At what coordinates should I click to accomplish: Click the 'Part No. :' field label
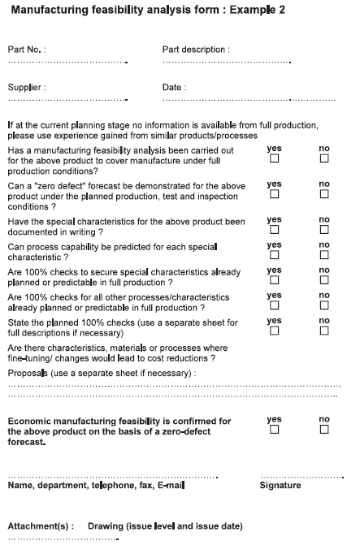point(27,50)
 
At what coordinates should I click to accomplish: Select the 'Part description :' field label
point(196,50)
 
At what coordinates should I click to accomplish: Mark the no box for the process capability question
point(324,254)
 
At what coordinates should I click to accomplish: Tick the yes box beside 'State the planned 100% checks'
point(274,331)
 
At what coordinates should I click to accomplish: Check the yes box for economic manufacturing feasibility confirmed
point(274,430)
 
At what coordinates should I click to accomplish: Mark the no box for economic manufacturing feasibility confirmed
point(324,430)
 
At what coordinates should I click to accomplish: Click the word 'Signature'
point(280,486)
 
